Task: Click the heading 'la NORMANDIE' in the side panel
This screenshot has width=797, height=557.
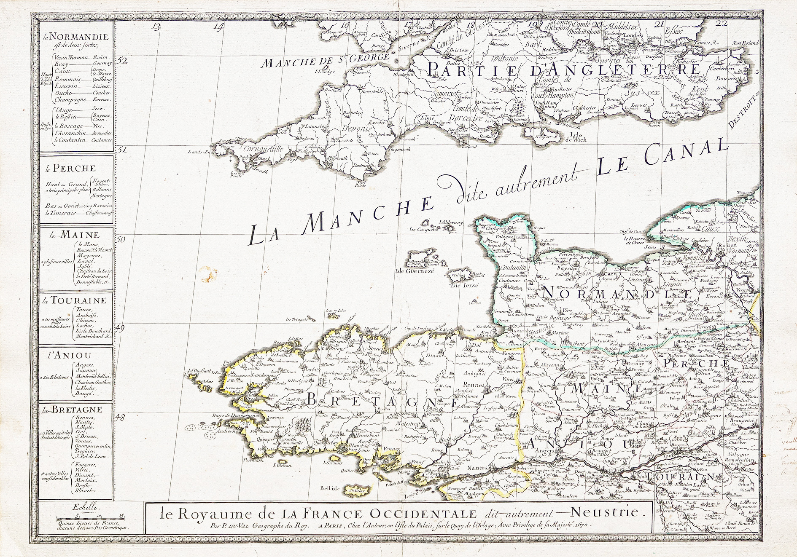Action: pyautogui.click(x=78, y=37)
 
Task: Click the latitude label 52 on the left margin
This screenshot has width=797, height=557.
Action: pyautogui.click(x=122, y=60)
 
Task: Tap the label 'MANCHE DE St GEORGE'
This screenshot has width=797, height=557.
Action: pyautogui.click(x=324, y=61)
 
